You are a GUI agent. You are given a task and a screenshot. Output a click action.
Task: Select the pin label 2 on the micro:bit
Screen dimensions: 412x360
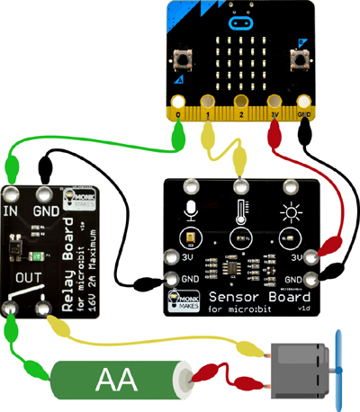[240, 116]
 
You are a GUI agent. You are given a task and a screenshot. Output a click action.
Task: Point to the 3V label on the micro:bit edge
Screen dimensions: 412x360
[274, 116]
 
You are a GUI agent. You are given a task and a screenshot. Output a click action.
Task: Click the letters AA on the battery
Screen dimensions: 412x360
[116, 381]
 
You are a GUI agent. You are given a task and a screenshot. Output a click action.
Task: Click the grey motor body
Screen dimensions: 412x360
[301, 368]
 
